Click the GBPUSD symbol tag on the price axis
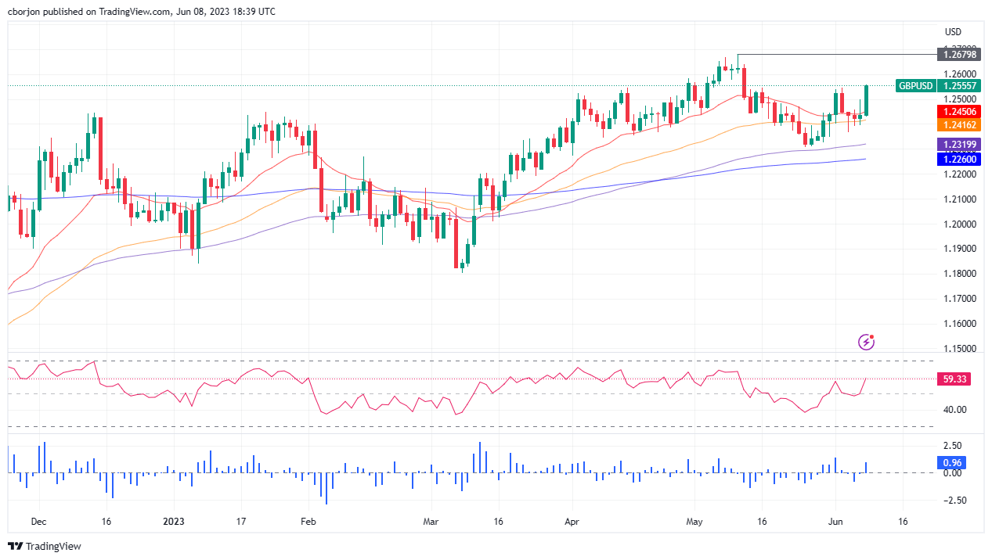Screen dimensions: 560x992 coord(914,86)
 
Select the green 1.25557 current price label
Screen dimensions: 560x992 coord(958,86)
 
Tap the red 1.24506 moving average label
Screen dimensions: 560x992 coord(958,112)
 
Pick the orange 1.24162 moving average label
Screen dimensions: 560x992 coord(958,125)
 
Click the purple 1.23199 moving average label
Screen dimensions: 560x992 coord(958,145)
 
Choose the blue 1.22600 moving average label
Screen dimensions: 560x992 coord(958,160)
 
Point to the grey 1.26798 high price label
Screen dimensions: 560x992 coord(958,54)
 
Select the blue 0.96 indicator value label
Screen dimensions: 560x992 coord(950,462)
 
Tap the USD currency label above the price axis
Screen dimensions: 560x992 coord(953,32)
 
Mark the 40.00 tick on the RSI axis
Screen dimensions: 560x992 coord(954,410)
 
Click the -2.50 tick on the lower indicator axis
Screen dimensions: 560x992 coord(953,501)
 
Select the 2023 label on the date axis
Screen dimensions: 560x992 coord(174,522)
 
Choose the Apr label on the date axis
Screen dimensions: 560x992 coord(572,522)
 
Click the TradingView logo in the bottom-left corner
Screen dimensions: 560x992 coord(45,546)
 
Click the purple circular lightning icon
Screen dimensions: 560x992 coord(866,342)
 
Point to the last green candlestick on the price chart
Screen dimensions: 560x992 coord(866,100)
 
